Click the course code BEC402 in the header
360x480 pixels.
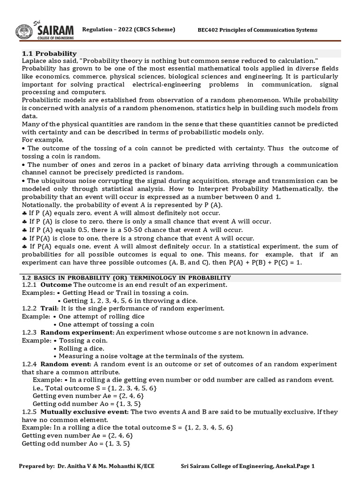coord(210,30)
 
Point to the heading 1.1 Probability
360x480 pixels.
coord(49,53)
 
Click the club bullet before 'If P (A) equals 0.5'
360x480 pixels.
coord(24,230)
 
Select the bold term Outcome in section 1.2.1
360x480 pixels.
coord(56,285)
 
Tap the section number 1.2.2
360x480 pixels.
coord(29,308)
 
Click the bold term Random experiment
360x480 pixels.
coord(77,332)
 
